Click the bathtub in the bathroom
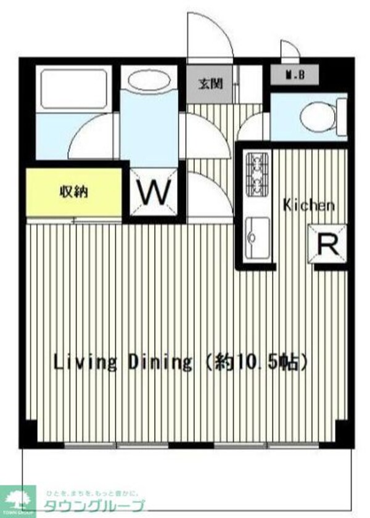point(73,89)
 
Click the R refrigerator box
point(327,245)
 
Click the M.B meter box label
point(295,76)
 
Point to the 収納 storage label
point(73,192)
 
